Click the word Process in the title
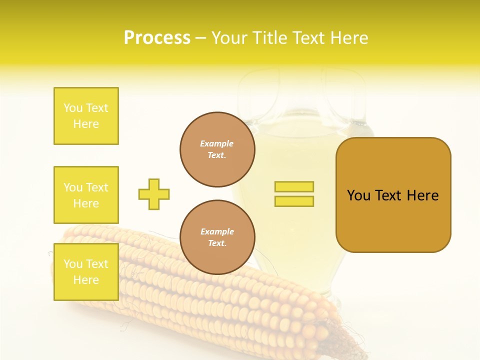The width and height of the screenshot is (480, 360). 157,38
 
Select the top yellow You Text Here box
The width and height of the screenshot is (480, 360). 86,116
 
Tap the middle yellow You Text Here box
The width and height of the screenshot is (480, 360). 86,195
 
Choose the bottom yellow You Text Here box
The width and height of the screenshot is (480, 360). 86,272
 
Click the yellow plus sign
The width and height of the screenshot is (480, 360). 154,194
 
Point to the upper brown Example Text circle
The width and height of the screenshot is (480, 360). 217,149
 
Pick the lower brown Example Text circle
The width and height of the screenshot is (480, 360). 217,237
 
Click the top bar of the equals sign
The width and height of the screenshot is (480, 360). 294,186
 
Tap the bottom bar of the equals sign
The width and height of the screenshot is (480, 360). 294,201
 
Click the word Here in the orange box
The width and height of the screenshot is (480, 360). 422,195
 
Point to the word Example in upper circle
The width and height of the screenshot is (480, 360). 217,143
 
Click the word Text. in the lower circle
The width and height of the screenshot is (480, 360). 217,243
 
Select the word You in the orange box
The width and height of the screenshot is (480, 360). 358,195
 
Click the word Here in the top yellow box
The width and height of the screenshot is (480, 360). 86,124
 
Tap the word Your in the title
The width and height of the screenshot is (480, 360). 229,38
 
